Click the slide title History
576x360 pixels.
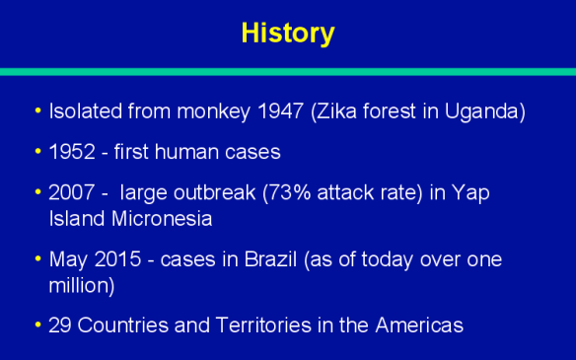288,33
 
